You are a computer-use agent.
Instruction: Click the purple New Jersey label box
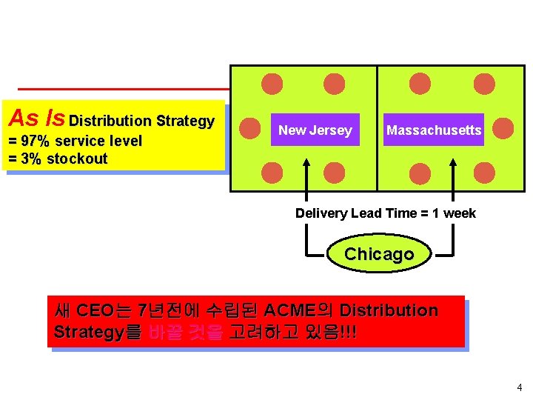click(315, 130)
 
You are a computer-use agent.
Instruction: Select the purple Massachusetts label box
click(433, 130)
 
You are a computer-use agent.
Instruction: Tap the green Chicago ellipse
click(379, 254)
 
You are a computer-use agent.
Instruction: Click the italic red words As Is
click(36, 118)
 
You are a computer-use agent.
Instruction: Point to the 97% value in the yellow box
click(35, 141)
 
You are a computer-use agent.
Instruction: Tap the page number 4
click(519, 387)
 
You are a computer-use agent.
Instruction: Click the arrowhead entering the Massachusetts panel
click(452, 153)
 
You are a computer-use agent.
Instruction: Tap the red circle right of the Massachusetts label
click(503, 129)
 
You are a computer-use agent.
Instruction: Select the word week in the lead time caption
click(460, 213)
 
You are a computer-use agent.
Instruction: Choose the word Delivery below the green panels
click(321, 213)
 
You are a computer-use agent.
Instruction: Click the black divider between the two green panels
click(378, 129)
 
